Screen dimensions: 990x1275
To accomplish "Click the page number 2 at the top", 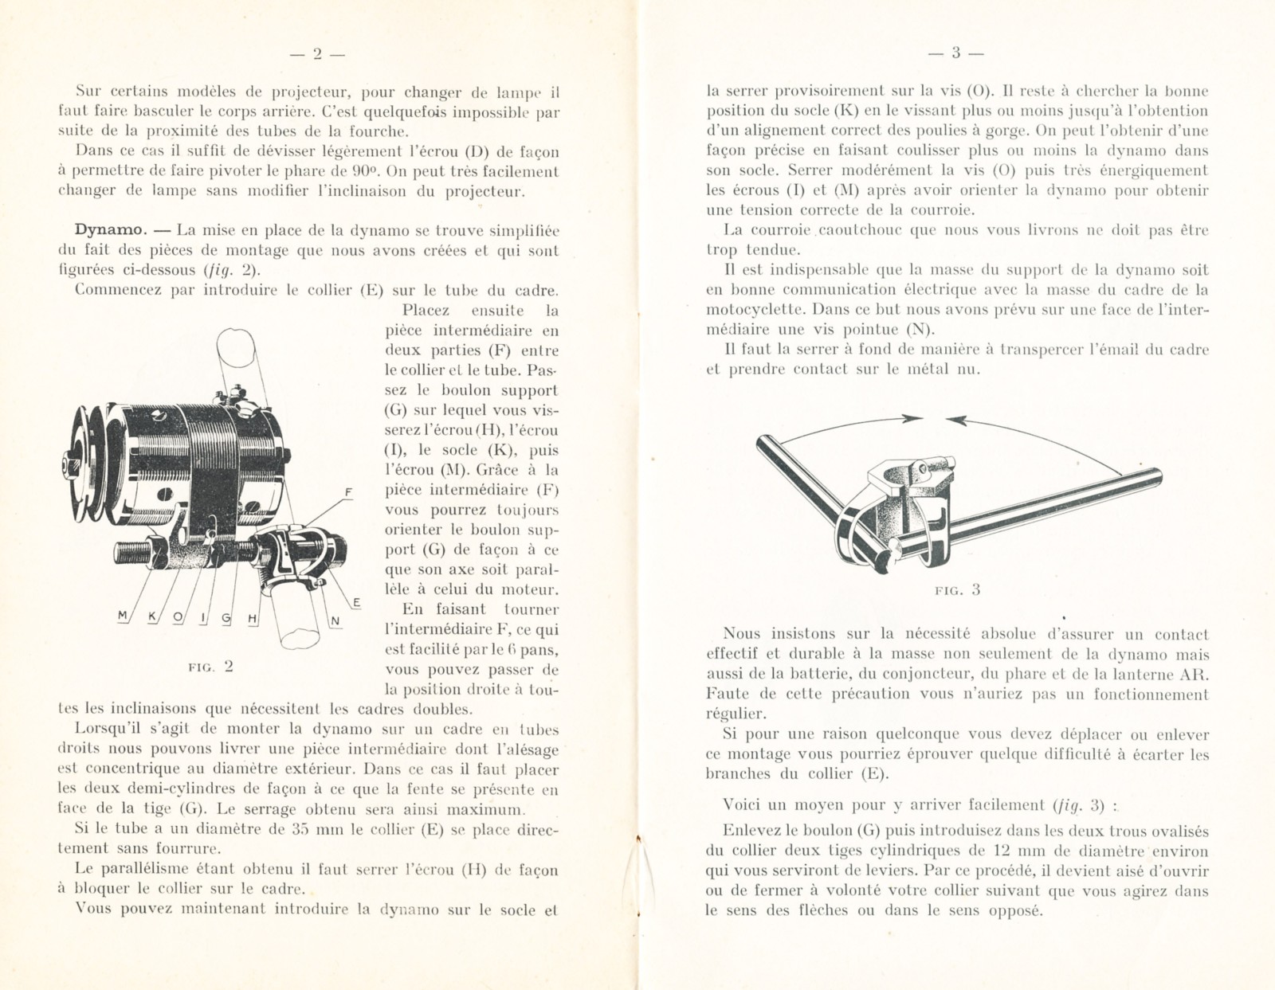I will [316, 54].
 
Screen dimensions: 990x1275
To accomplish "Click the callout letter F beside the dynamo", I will [349, 493].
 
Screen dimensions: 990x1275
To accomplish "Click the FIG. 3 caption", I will [957, 590].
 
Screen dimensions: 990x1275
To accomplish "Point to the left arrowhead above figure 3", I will [914, 418].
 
